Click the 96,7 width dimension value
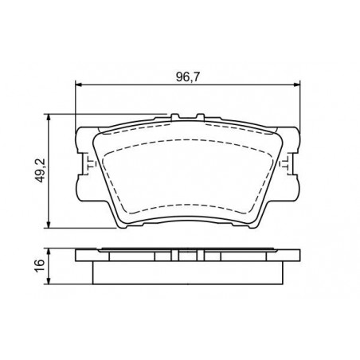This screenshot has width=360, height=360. point(188,77)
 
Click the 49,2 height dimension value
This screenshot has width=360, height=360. point(41,170)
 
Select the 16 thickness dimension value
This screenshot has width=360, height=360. point(40,266)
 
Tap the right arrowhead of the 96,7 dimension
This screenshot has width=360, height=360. point(296,84)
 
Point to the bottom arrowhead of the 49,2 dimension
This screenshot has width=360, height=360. point(49,224)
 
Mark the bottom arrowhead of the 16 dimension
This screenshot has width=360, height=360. point(49,280)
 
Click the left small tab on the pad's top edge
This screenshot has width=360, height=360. point(175,117)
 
